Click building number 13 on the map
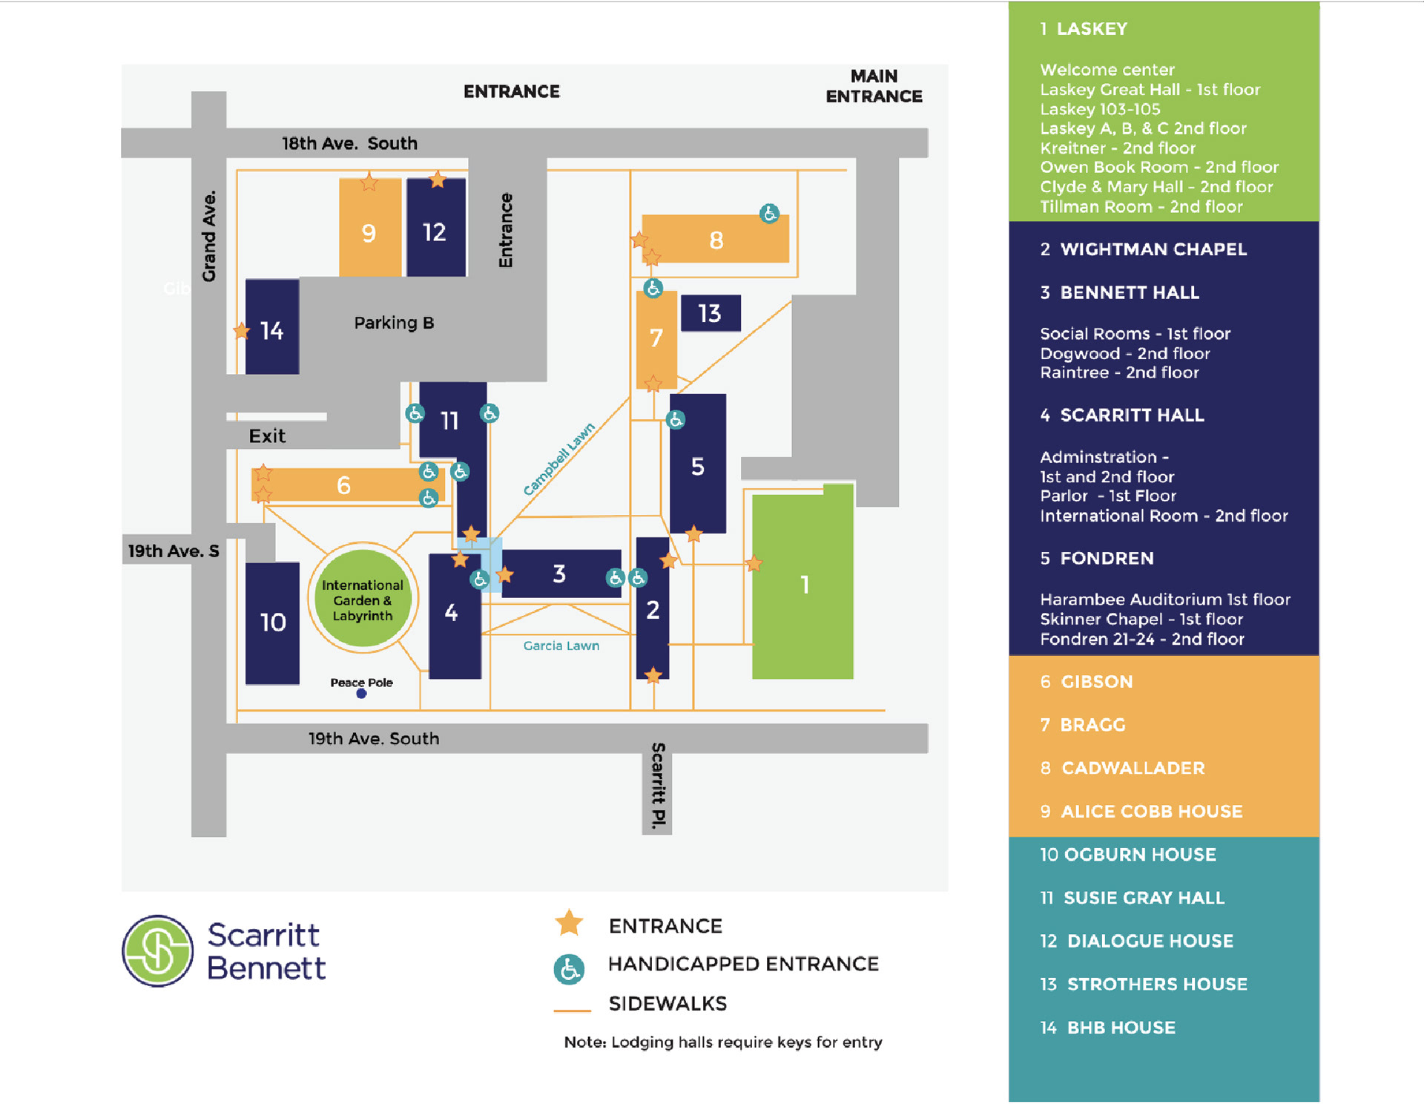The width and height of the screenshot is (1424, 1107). click(x=710, y=313)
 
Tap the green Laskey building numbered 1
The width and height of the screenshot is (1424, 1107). click(x=802, y=585)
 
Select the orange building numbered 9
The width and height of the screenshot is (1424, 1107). click(x=369, y=231)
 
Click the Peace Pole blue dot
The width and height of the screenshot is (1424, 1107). click(x=361, y=694)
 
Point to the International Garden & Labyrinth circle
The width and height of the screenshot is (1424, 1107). click(x=363, y=600)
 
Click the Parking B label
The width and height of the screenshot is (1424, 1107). click(x=394, y=323)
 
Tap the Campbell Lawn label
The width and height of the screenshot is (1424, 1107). click(x=558, y=459)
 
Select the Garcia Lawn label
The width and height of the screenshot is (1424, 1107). click(x=561, y=646)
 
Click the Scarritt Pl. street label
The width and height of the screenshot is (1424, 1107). click(x=658, y=785)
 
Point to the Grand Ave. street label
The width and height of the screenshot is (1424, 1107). click(x=209, y=236)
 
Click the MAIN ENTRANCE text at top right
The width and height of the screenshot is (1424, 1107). click(x=874, y=86)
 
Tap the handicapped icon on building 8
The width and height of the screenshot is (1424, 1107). click(x=770, y=214)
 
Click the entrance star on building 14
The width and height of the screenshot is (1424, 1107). click(x=241, y=330)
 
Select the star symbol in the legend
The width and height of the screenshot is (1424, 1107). click(x=569, y=923)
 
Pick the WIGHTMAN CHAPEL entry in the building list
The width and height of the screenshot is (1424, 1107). click(x=1153, y=249)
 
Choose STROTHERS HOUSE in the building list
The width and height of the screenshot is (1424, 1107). click(x=1156, y=984)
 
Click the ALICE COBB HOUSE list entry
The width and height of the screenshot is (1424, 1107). click(x=1151, y=811)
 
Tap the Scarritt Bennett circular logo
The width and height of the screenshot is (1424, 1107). click(x=158, y=950)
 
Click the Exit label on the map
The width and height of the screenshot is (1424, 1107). click(x=267, y=436)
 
